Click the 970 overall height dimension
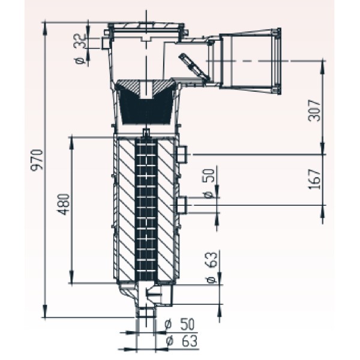pyautogui.click(x=37, y=160)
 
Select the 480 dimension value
pyautogui.click(x=64, y=205)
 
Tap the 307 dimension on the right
pyautogui.click(x=314, y=110)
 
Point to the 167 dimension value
pyautogui.click(x=314, y=179)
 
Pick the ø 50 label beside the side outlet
pyautogui.click(x=209, y=184)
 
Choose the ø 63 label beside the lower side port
pyautogui.click(x=211, y=268)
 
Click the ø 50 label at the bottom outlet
pyautogui.click(x=179, y=324)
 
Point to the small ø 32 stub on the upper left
pyautogui.click(x=106, y=43)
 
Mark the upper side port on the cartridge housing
pyautogui.click(x=182, y=155)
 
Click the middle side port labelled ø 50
pyautogui.click(x=182, y=205)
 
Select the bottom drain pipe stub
pyautogui.click(x=146, y=312)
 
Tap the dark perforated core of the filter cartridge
pyautogui.click(x=146, y=209)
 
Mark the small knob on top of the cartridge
pyautogui.click(x=146, y=133)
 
